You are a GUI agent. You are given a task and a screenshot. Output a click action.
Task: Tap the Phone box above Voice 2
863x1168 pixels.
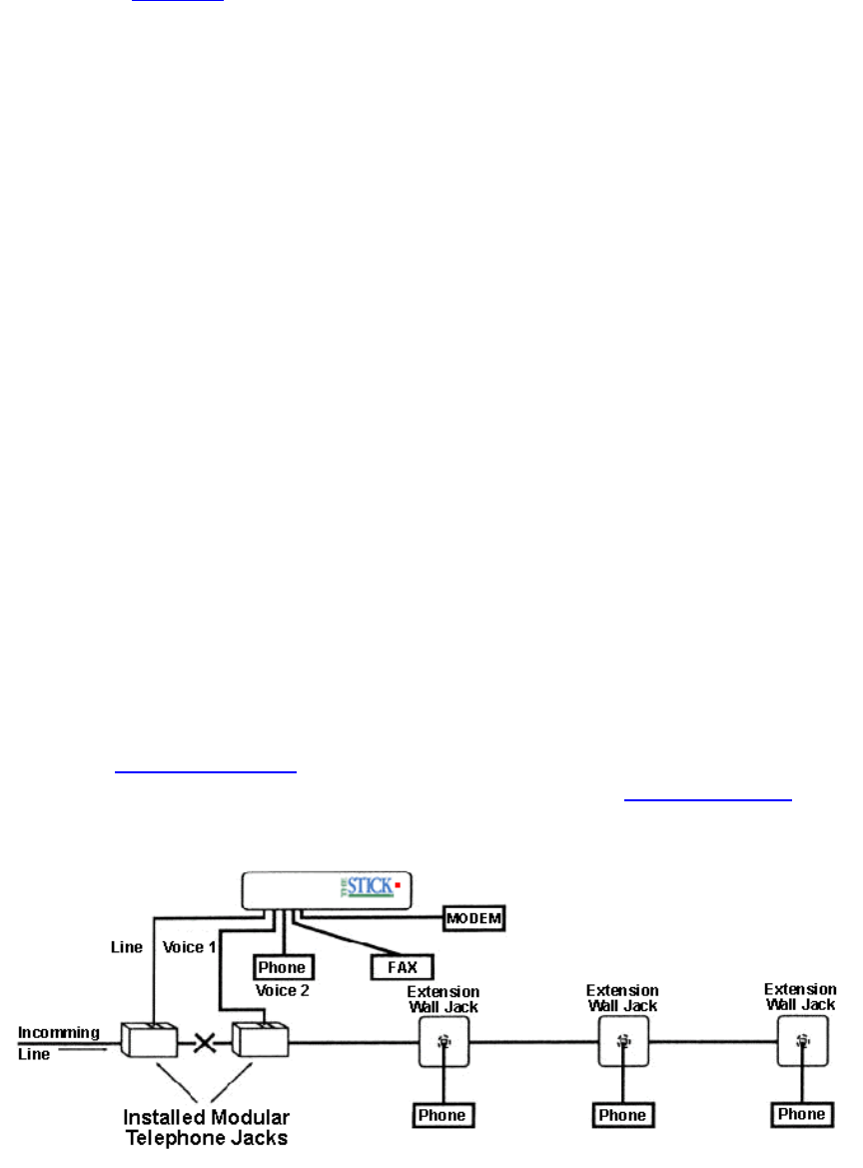(283, 967)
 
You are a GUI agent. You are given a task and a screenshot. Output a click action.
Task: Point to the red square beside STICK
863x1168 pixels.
(398, 885)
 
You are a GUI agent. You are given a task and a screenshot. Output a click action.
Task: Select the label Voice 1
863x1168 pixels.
(190, 946)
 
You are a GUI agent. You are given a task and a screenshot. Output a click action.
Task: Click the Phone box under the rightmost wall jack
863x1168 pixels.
(802, 1114)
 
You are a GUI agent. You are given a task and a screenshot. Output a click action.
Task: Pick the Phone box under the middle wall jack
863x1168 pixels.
(622, 1114)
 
